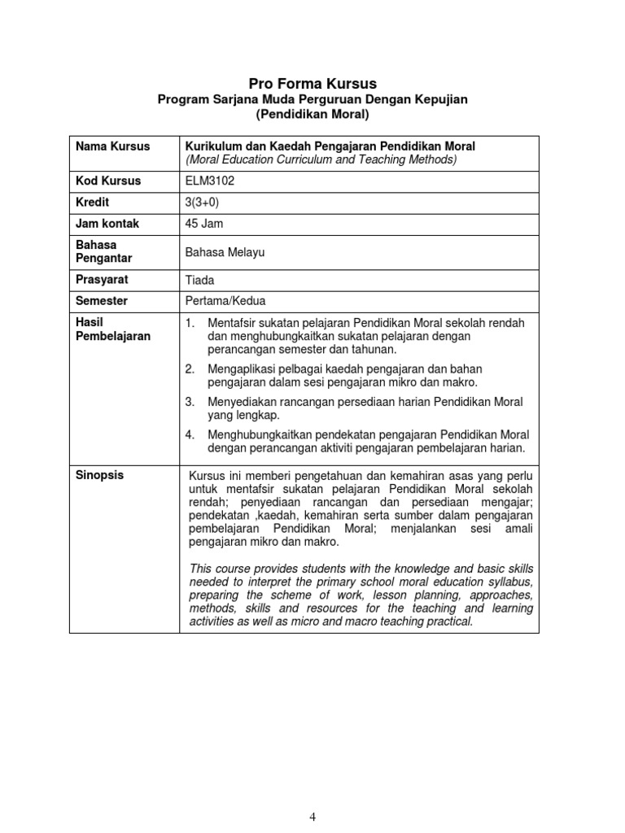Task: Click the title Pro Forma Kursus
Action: click(x=312, y=83)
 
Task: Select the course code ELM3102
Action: click(x=210, y=181)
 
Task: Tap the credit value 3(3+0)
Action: click(x=203, y=202)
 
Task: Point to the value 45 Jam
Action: click(x=204, y=223)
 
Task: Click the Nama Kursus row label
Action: click(x=112, y=146)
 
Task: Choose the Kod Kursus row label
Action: click(x=108, y=181)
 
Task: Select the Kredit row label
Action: click(x=92, y=202)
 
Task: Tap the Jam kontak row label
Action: click(x=107, y=223)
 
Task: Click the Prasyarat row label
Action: click(x=102, y=279)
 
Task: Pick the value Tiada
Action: click(x=200, y=280)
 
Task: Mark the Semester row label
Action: click(x=102, y=300)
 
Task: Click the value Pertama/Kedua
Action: click(x=225, y=301)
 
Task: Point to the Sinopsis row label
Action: click(x=99, y=475)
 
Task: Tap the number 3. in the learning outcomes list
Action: click(x=190, y=402)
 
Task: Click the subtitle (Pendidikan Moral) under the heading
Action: click(x=312, y=115)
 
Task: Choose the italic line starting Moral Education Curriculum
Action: click(x=321, y=159)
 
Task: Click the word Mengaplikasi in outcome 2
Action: click(x=240, y=369)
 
